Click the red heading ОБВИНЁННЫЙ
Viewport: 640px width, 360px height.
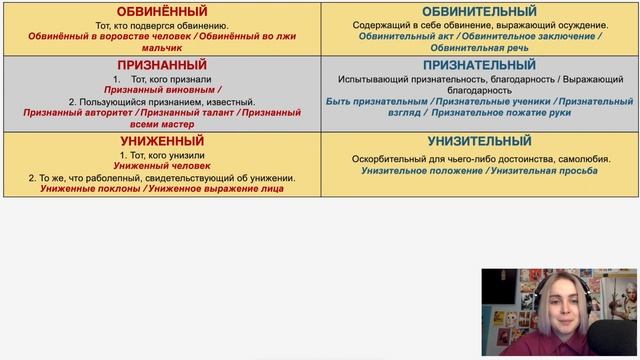(x=162, y=11)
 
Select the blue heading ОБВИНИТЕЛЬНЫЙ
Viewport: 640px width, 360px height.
(x=480, y=11)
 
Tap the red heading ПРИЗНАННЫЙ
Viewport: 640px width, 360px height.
(x=162, y=64)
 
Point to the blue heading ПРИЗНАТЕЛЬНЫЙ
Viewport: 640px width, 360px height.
(x=480, y=64)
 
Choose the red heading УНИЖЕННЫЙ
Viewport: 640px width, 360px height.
(x=162, y=142)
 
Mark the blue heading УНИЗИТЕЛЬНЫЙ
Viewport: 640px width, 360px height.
(x=480, y=142)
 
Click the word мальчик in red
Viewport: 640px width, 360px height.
(x=162, y=46)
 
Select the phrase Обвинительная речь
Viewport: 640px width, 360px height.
(x=480, y=46)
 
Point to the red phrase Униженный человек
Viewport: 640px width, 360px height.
(x=162, y=165)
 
